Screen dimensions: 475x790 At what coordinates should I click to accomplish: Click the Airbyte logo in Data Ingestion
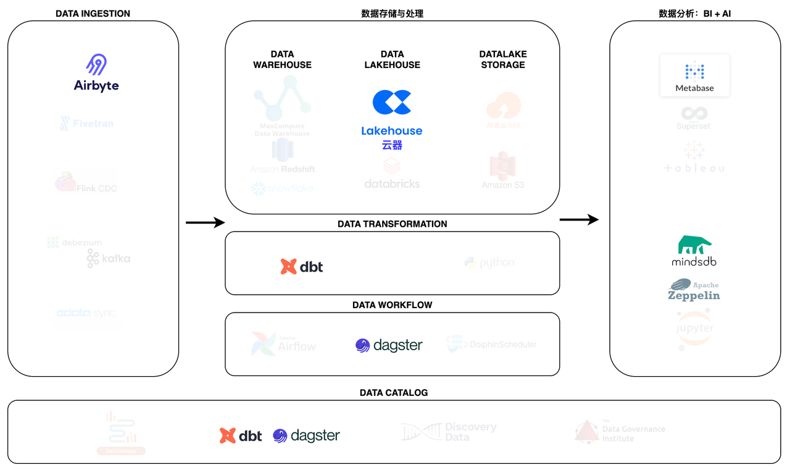click(96, 73)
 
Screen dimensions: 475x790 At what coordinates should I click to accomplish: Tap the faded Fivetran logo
click(86, 124)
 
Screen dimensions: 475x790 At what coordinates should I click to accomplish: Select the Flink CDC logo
click(86, 183)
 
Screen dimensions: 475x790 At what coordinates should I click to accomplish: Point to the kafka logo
click(109, 258)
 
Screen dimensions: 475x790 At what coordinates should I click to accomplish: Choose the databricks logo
click(392, 174)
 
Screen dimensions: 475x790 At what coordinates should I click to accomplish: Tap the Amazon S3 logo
click(503, 170)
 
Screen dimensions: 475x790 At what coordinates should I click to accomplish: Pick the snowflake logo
click(283, 188)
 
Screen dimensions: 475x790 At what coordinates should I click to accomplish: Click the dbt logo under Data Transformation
click(302, 266)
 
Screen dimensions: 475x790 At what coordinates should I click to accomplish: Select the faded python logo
click(489, 263)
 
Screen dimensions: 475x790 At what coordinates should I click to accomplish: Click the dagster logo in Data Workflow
click(389, 345)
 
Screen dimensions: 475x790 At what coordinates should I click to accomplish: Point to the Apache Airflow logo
click(284, 344)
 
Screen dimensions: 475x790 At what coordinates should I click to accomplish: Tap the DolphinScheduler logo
click(491, 344)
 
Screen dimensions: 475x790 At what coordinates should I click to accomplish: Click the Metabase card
click(694, 75)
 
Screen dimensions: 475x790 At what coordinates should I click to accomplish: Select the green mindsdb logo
click(694, 250)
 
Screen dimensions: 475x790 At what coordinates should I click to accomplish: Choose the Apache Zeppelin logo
click(694, 289)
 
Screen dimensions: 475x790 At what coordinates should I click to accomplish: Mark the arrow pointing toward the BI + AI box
click(579, 219)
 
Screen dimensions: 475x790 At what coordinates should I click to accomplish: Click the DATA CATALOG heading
click(394, 393)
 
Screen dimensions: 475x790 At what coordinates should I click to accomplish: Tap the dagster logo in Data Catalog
click(306, 435)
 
